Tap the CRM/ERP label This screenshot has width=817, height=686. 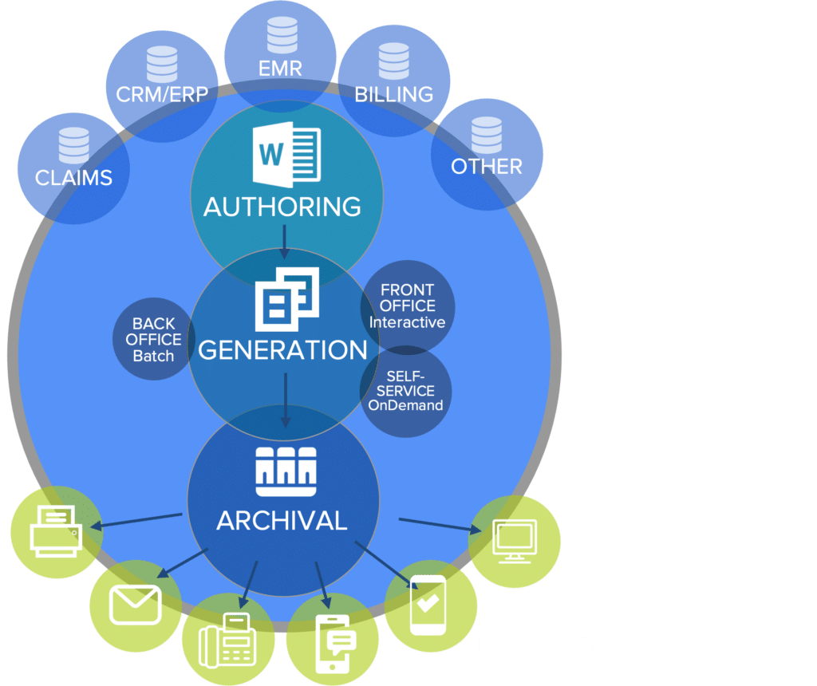[162, 94]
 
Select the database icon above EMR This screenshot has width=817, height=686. [279, 34]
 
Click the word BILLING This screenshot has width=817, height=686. [393, 94]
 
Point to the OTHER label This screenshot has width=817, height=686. [487, 166]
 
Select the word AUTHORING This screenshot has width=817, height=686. [282, 207]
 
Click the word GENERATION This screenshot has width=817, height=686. [282, 350]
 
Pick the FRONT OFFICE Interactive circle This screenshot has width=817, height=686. [408, 306]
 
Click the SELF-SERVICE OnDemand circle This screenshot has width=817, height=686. [406, 390]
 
